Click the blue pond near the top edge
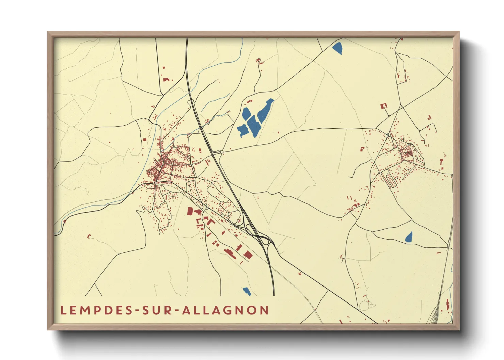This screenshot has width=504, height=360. click(x=337, y=48)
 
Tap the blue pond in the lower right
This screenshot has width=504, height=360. click(x=409, y=237)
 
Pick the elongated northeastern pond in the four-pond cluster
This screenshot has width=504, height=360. click(x=265, y=110)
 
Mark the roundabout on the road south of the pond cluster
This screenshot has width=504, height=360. click(x=222, y=152)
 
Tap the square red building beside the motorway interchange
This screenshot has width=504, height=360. click(x=248, y=255)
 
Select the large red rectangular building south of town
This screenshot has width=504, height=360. click(x=190, y=211)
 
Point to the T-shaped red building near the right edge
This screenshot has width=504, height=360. click(x=442, y=163)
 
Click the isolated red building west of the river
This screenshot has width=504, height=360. click(x=144, y=139)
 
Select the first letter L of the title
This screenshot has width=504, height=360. click(x=63, y=310)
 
